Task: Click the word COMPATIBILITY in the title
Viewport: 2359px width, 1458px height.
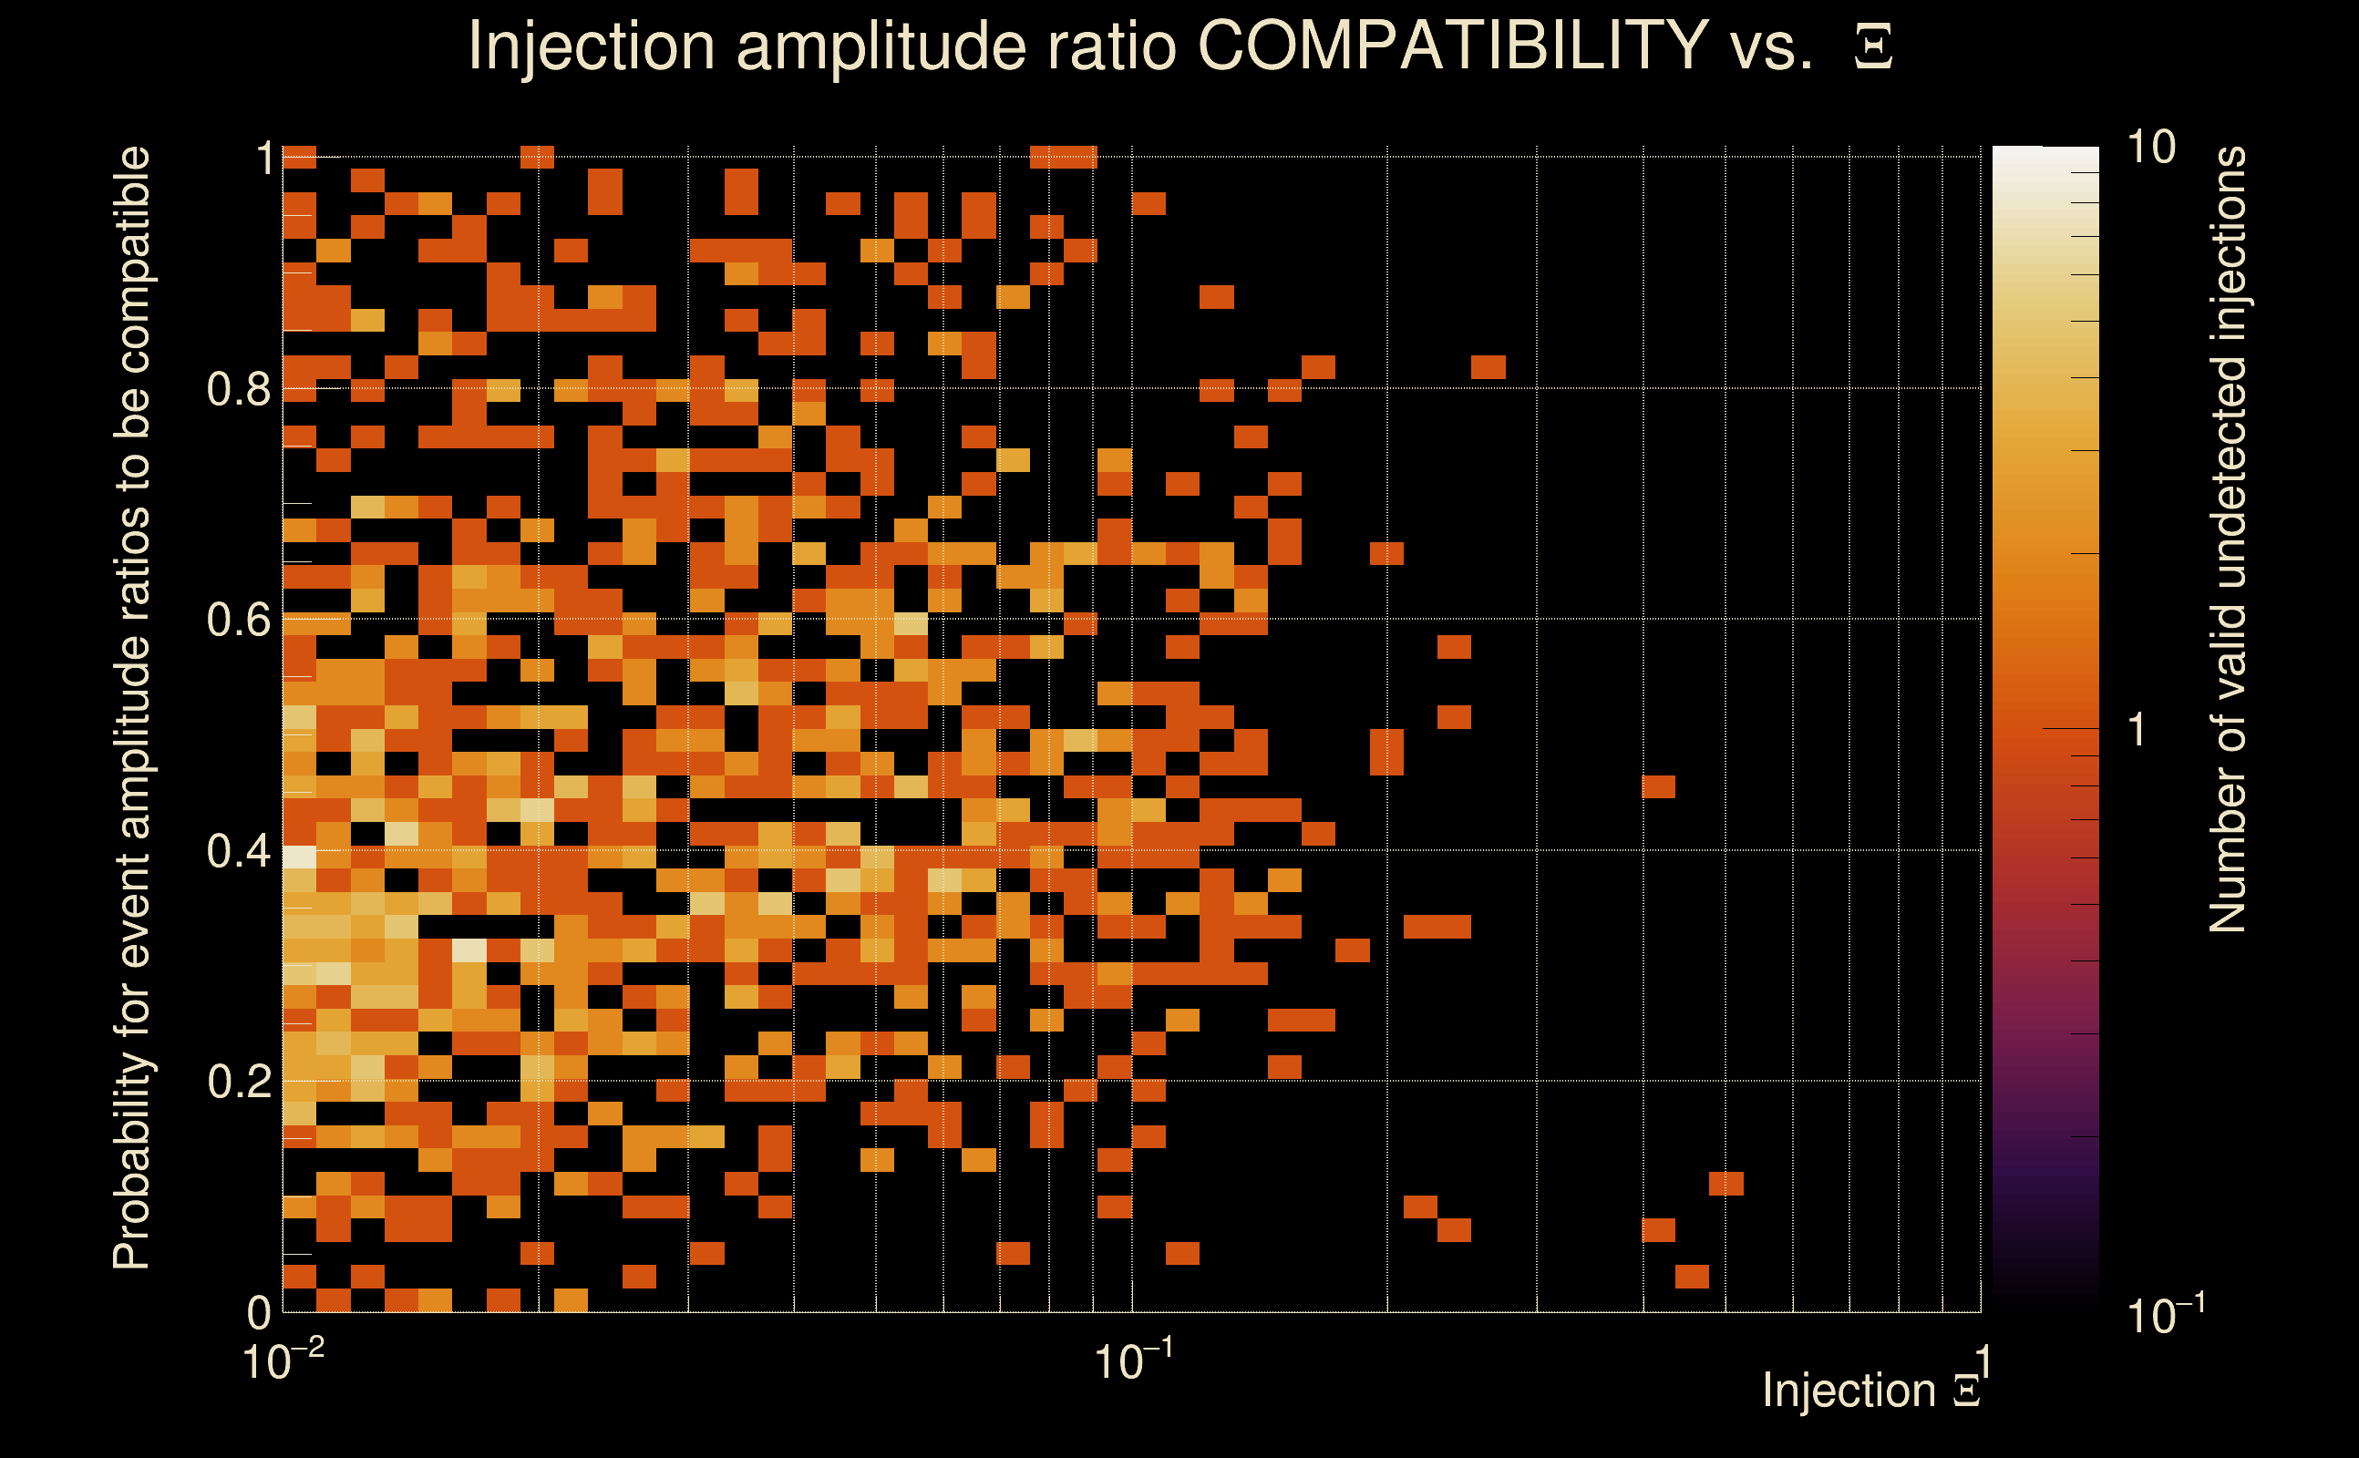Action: click(1451, 46)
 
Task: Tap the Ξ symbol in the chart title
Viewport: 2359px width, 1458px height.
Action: click(1873, 47)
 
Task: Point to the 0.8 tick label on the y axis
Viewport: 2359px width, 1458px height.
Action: click(238, 390)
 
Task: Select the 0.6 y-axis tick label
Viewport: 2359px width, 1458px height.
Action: click(238, 620)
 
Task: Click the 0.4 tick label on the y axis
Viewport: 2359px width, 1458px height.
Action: click(238, 851)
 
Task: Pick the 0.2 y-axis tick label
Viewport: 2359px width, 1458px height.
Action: click(238, 1082)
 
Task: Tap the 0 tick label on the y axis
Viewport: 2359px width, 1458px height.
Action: click(259, 1312)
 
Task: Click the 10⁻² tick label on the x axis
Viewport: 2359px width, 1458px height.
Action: click(282, 1360)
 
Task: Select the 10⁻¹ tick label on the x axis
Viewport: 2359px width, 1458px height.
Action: click(1132, 1360)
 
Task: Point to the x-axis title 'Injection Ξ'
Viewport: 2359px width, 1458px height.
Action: click(1871, 1391)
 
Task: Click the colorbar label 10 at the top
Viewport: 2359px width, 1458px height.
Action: click(2150, 148)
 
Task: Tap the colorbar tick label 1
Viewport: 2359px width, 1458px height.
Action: click(2138, 730)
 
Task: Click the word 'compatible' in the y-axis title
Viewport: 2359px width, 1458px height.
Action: click(132, 261)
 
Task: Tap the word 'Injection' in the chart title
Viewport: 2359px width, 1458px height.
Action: click(591, 46)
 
